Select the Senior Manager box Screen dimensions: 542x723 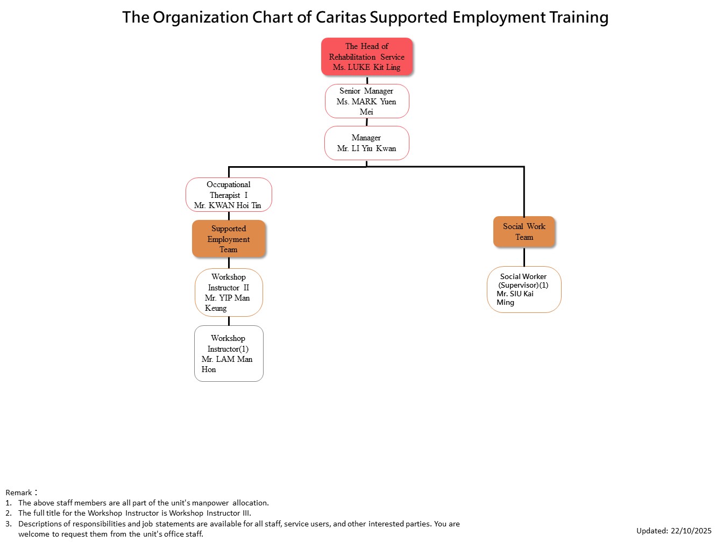367,101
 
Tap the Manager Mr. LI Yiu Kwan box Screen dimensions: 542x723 367,143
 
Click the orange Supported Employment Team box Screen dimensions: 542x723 229,239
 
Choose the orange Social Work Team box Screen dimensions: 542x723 524,232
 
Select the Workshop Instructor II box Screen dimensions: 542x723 229,293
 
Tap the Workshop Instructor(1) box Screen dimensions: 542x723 229,353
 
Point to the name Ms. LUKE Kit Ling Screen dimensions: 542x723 367,67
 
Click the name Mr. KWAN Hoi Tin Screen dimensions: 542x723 228,205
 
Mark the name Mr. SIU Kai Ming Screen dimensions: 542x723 515,298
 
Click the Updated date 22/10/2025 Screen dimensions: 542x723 691,531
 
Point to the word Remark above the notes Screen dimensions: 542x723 19,493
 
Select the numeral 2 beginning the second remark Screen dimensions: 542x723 8,513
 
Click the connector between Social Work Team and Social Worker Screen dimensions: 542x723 524,257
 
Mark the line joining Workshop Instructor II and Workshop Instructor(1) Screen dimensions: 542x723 229,321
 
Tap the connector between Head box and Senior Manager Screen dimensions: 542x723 367,80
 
